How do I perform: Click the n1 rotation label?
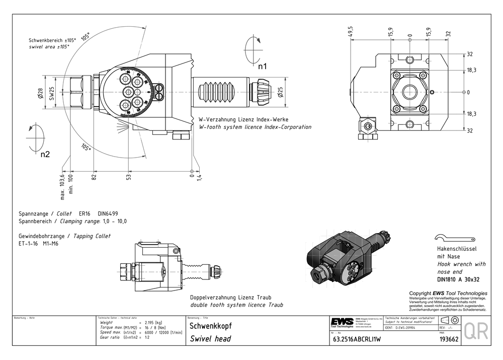tap(262, 66)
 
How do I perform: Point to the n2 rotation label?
tap(45, 155)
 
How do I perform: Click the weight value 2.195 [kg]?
tap(153, 322)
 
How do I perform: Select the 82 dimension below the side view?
tap(94, 176)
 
